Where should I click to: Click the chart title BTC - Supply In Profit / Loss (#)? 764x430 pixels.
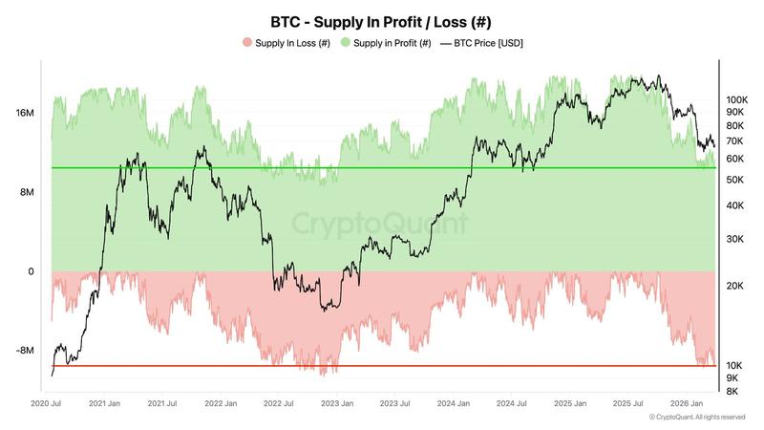382,21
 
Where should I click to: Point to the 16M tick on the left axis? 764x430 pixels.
26,114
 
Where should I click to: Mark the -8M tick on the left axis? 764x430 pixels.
26,351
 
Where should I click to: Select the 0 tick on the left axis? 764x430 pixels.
31,271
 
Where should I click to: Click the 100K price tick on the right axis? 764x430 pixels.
736,99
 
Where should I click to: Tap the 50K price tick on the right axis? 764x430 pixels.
734,180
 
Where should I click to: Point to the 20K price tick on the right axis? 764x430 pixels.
734,286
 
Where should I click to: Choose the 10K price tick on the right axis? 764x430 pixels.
734,366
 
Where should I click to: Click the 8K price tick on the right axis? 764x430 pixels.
732,391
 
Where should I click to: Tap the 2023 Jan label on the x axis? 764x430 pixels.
338,404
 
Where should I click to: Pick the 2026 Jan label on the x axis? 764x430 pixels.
687,404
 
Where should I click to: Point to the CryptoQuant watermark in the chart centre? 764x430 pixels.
380,225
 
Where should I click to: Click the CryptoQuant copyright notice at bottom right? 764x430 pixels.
696,418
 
